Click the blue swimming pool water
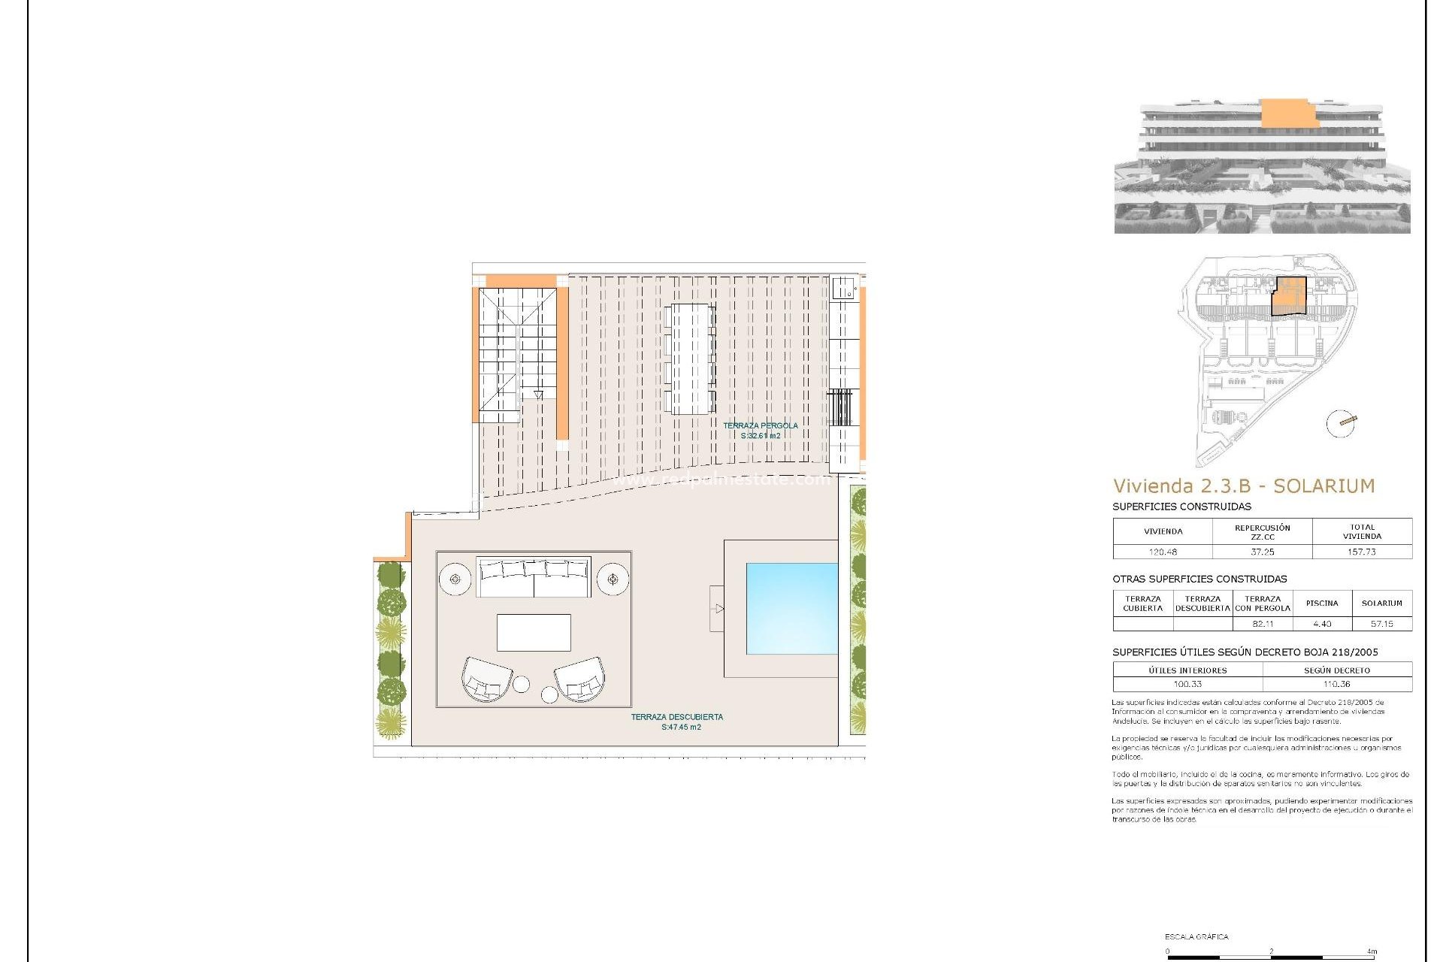791,609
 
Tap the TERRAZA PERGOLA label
761,426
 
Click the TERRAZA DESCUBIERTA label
676,717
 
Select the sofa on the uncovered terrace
534,577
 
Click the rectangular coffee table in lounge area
534,633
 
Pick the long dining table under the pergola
690,358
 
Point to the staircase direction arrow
538,395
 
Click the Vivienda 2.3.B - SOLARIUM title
1243,486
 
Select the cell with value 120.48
1162,552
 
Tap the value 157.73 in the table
1361,552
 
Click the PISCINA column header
1321,604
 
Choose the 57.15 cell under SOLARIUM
1381,624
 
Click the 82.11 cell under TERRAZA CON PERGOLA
1263,624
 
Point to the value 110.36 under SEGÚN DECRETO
1336,685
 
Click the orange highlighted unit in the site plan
1289,295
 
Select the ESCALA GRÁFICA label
1196,936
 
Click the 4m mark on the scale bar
1372,951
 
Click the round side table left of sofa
455,579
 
